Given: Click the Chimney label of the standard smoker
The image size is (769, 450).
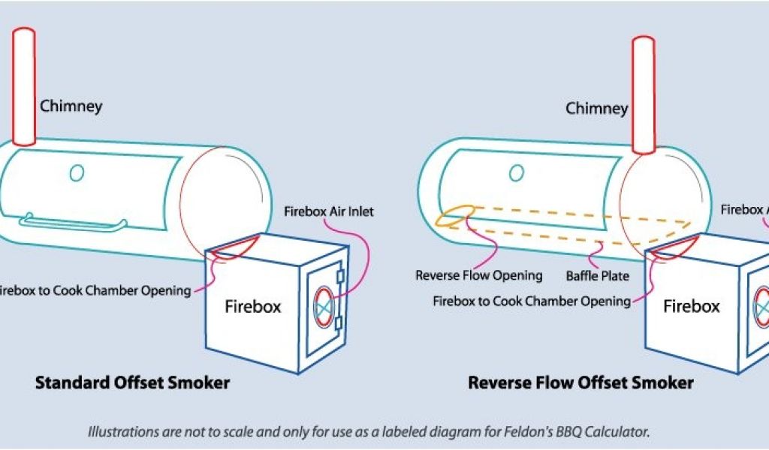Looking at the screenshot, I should pyautogui.click(x=71, y=106).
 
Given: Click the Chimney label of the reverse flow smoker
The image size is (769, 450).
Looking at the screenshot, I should pyautogui.click(x=596, y=109).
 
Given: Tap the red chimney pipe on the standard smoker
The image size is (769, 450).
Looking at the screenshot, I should pyautogui.click(x=25, y=86).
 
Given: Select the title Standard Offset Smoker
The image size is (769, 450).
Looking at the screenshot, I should pyautogui.click(x=132, y=383).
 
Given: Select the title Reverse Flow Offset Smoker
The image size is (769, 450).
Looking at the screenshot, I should pyautogui.click(x=581, y=383).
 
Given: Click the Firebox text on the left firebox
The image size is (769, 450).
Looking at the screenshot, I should pyautogui.click(x=253, y=306).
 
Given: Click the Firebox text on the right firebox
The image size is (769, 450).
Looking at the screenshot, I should pyautogui.click(x=692, y=306).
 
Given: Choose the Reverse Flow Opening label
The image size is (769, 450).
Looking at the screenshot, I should pyautogui.click(x=478, y=275).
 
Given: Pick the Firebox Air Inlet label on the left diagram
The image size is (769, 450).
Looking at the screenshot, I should pyautogui.click(x=328, y=211).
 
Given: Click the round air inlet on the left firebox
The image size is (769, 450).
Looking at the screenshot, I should pyautogui.click(x=324, y=307).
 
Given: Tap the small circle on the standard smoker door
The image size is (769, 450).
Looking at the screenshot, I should pyautogui.click(x=77, y=173).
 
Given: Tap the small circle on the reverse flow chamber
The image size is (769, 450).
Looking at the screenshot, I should pyautogui.click(x=517, y=173).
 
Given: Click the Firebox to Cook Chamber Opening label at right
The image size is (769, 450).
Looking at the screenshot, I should pyautogui.click(x=532, y=301).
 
